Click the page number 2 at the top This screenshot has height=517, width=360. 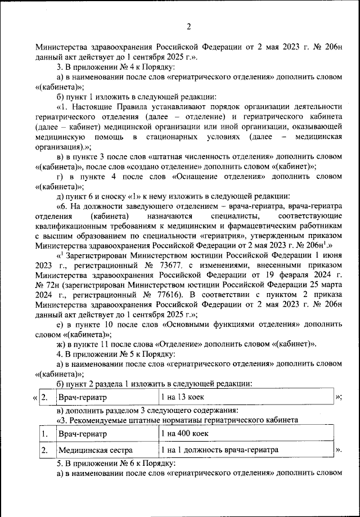(189, 26)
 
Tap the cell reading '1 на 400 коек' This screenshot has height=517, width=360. (185, 434)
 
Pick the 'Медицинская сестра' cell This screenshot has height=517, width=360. (96, 451)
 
